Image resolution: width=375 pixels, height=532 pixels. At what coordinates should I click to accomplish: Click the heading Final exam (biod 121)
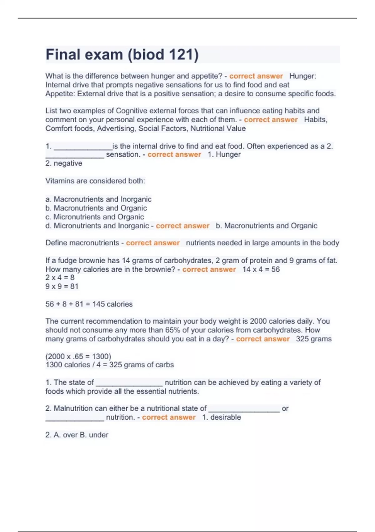(122, 54)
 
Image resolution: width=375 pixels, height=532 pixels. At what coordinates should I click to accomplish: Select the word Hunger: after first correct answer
(302, 76)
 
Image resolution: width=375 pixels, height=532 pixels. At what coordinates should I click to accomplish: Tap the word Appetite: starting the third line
(60, 94)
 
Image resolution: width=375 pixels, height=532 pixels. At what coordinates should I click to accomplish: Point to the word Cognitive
(131, 111)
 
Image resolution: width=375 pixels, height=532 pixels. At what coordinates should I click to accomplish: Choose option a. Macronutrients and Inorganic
(98, 199)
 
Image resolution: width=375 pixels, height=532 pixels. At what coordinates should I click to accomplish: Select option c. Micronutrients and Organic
(95, 217)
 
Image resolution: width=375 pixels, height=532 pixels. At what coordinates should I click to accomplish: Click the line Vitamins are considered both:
(95, 181)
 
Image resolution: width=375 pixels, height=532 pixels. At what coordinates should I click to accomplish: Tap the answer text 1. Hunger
(224, 154)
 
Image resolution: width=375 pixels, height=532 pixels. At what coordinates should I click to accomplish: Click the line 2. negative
(64, 163)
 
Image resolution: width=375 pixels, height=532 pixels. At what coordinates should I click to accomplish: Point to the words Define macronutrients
(82, 243)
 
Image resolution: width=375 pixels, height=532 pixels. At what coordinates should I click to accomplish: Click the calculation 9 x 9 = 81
(62, 286)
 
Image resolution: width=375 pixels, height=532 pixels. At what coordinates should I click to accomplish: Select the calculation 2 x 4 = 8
(60, 277)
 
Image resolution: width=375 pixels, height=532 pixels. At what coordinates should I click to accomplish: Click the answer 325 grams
(314, 339)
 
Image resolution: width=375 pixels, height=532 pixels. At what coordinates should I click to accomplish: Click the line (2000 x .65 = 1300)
(78, 356)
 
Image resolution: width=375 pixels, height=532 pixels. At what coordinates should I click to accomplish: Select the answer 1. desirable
(222, 417)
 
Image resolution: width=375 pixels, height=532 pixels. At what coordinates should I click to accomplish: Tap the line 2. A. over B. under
(77, 435)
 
